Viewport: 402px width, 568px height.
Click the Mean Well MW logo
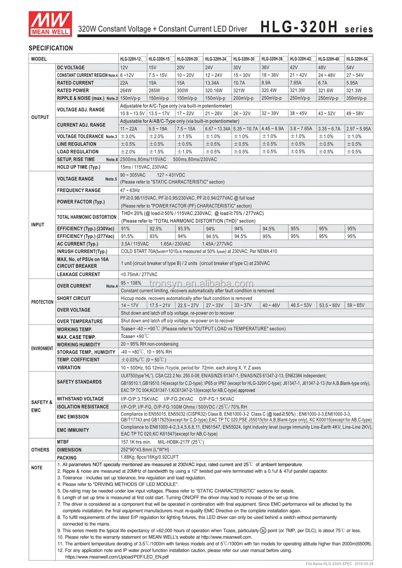[x=50, y=24]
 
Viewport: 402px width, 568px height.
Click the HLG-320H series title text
[x=316, y=27]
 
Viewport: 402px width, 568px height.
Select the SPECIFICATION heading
[x=51, y=48]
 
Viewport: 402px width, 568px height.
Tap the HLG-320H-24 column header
[x=215, y=59]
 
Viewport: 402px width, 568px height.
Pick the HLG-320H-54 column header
[x=357, y=59]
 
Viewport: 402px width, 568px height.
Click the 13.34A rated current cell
[x=212, y=83]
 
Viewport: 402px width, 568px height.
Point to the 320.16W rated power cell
[x=214, y=90]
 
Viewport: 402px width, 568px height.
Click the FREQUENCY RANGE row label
[x=79, y=190]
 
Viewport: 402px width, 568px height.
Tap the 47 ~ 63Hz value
[x=130, y=190]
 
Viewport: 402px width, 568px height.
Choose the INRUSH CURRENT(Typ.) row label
[x=82, y=251]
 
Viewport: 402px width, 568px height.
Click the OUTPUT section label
[x=40, y=117]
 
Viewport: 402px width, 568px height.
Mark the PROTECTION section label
[x=42, y=302]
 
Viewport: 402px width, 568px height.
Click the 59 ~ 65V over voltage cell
[x=356, y=305]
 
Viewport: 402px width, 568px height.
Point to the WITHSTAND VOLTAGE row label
[x=80, y=399]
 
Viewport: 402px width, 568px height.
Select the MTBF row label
[x=63, y=442]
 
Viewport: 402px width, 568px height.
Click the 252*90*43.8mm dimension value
[x=145, y=450]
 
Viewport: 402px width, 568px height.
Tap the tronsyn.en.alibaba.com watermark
[x=201, y=284]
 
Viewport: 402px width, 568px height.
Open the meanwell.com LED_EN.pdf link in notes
[x=117, y=557]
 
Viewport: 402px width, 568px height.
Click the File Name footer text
[x=339, y=564]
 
